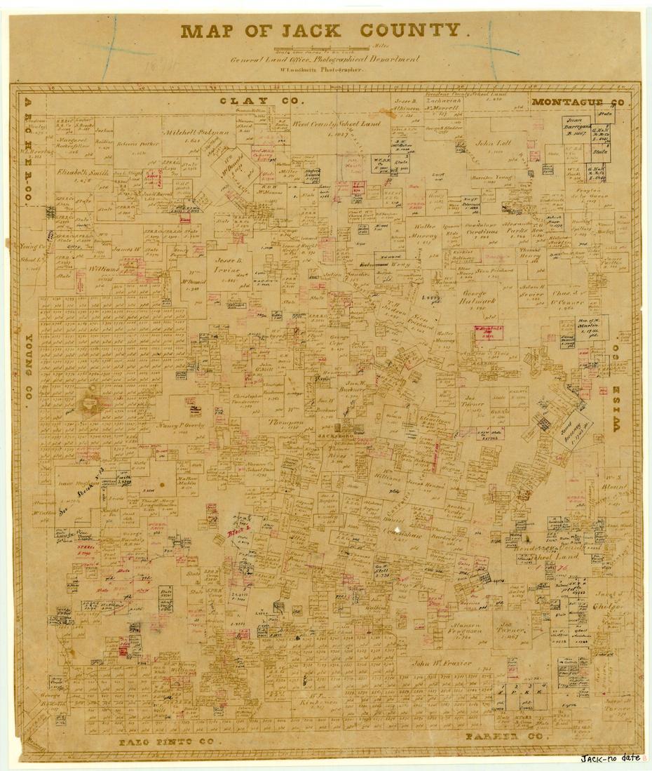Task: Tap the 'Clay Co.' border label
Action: coord(262,101)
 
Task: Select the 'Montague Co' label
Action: coord(578,102)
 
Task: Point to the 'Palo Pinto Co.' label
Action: coord(170,741)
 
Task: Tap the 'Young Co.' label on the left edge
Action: coord(29,373)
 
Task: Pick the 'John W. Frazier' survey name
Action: coord(442,662)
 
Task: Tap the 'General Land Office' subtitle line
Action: coord(325,60)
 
